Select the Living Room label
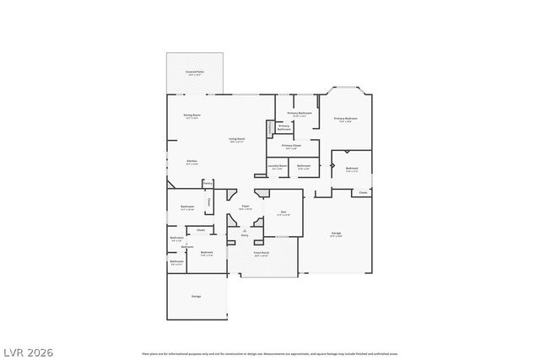(236, 139)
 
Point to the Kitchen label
(192, 162)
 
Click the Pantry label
(208, 182)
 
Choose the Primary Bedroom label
(345, 119)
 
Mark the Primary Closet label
(291, 146)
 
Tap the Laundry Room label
(278, 166)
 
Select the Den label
(283, 212)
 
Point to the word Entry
(245, 235)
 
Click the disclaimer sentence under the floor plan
(269, 355)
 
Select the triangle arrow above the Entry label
(245, 229)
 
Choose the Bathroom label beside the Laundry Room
(304, 166)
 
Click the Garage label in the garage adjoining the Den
(336, 233)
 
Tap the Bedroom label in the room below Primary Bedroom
(352, 169)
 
